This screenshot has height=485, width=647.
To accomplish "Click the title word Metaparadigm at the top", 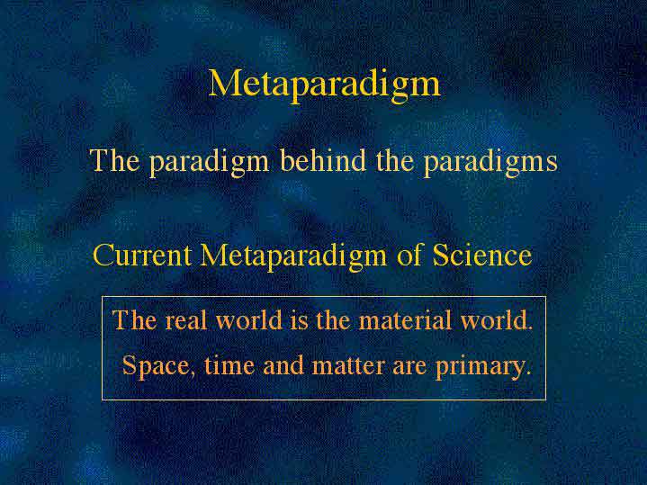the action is coord(324,85).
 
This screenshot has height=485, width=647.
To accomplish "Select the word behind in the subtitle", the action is coord(323,160).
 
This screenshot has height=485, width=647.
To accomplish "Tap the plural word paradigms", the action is coord(490,163).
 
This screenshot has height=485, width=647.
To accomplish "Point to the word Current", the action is coord(142,255).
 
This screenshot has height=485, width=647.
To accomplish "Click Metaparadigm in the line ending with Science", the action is coord(293,256).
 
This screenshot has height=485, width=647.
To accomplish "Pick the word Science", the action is coord(482,255).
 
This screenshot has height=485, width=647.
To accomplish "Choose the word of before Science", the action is coord(409,255).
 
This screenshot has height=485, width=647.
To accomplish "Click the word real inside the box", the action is coord(184,320).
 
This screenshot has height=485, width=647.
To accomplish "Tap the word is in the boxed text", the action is coord(299,320).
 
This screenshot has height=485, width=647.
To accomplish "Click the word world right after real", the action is coord(249,320).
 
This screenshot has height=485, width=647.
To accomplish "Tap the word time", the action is coord(229,365).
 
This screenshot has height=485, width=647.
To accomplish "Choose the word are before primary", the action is coord(409,367).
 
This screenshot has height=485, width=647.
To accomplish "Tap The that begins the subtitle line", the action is coord(114,160).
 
